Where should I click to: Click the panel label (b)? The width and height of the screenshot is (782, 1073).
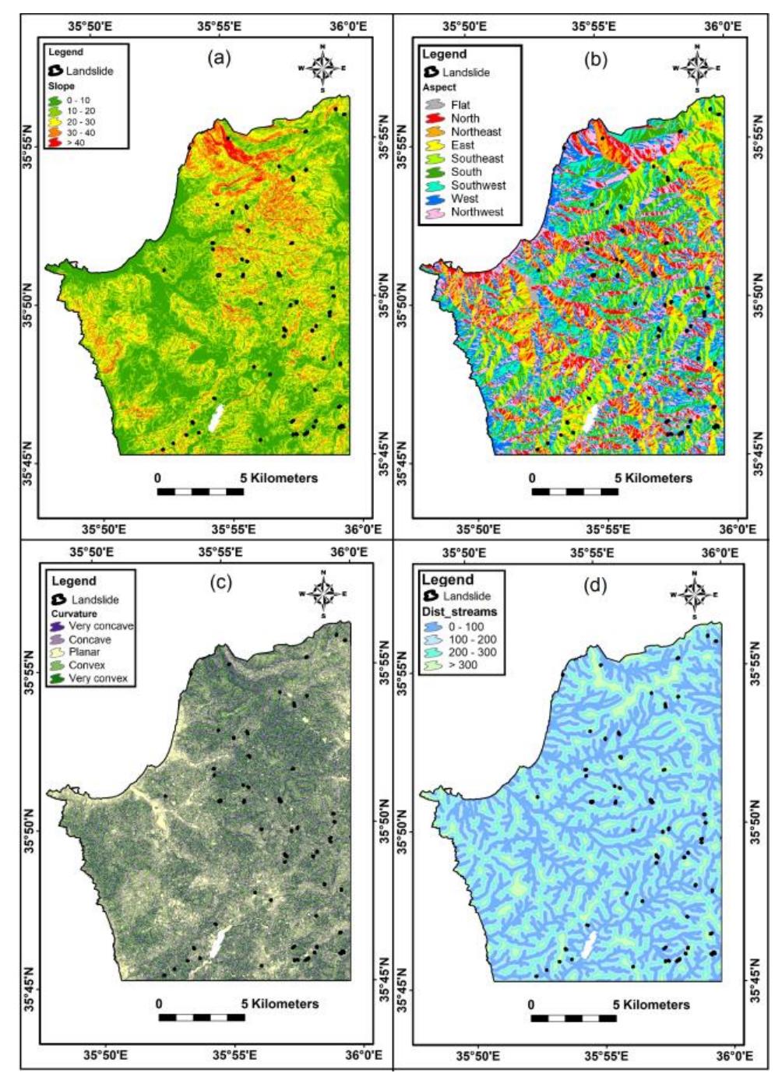tap(596, 60)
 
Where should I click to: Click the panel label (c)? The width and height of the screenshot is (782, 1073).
tap(222, 582)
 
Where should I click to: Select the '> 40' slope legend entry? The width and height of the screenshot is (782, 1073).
tap(67, 143)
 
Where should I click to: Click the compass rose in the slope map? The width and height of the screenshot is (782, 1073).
tap(322, 68)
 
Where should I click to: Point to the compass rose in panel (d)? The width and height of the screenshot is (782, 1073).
tap(692, 593)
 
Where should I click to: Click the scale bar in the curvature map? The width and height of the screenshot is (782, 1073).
tap(202, 1017)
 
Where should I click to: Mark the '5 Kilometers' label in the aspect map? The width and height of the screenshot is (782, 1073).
tap(653, 478)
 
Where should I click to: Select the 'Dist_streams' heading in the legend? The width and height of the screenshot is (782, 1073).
tap(460, 611)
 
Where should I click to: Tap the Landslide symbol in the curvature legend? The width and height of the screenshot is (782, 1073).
tap(58, 600)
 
